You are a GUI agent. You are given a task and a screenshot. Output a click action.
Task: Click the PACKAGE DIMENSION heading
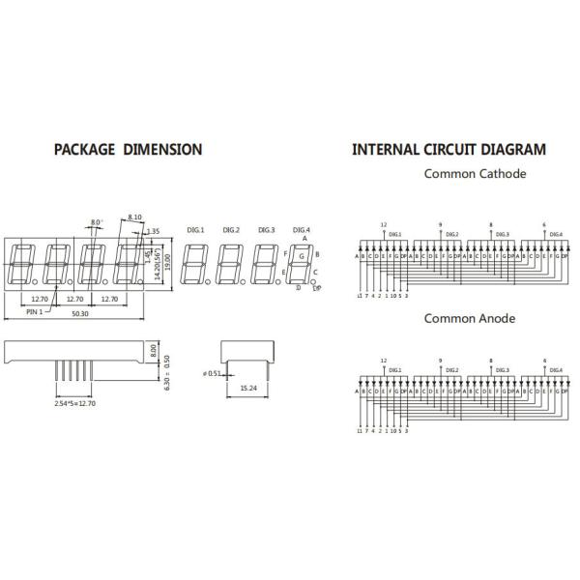pos(128,150)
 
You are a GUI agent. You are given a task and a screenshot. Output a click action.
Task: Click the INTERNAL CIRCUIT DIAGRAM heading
pos(449,150)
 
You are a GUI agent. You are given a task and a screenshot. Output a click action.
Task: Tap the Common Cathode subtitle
pos(475,174)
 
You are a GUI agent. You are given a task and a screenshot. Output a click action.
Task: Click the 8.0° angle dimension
pos(97,223)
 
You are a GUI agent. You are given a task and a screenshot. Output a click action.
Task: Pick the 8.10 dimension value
pos(134,217)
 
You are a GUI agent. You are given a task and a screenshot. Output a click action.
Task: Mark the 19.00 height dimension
pos(168,262)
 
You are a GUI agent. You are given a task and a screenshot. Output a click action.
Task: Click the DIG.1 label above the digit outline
pos(195,229)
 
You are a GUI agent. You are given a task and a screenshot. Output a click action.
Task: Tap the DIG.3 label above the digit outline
pos(267,229)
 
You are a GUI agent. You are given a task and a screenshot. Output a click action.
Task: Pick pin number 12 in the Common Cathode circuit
pos(384,224)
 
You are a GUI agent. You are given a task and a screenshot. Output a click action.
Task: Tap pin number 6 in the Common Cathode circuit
pos(544,224)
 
